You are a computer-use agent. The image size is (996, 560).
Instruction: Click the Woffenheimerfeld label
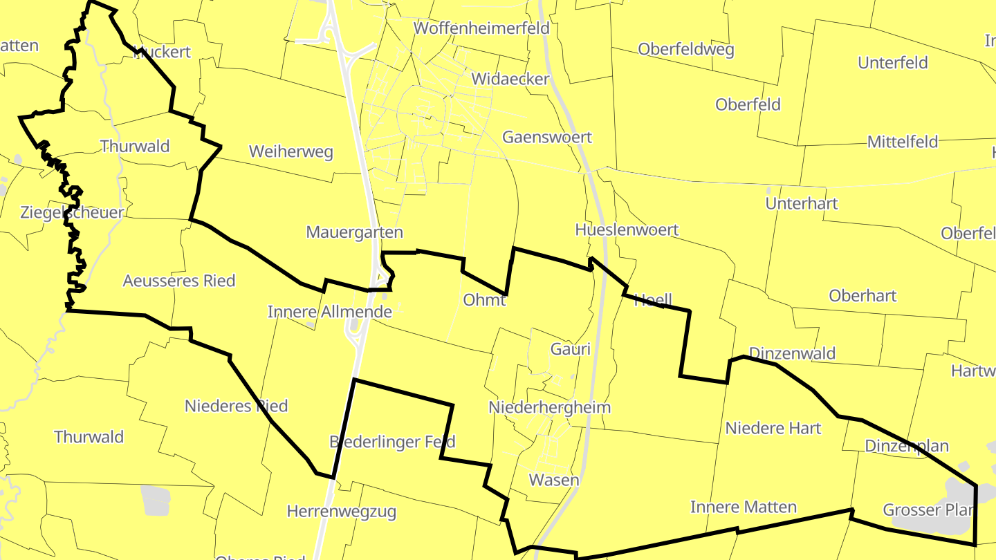tap(481, 28)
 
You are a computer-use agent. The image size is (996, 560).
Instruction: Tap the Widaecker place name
tap(510, 79)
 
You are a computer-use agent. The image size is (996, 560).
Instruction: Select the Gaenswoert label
tap(546, 137)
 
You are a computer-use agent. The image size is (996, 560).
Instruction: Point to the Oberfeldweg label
tap(685, 49)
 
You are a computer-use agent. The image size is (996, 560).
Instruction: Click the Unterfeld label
tap(892, 63)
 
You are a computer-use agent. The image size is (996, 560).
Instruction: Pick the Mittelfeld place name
tap(903, 142)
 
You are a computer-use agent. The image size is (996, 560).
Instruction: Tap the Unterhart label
tap(801, 203)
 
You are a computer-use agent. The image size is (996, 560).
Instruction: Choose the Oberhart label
tap(863, 295)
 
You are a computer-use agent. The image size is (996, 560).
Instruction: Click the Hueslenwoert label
tap(627, 230)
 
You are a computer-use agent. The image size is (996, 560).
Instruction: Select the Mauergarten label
tap(354, 232)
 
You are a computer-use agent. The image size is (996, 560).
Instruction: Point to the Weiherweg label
tap(291, 151)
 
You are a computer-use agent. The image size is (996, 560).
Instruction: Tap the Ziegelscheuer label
tap(72, 212)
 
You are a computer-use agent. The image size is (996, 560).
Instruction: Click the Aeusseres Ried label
tap(179, 281)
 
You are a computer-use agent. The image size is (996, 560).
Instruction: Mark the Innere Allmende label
tap(330, 312)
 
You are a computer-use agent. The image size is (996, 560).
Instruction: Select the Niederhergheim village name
tap(549, 407)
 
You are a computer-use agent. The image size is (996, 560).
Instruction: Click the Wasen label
tap(553, 479)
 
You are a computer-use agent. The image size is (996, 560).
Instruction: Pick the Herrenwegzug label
tap(341, 512)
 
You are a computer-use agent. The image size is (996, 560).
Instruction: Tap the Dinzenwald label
tap(792, 353)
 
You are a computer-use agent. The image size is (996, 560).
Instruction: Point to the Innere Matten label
tap(743, 507)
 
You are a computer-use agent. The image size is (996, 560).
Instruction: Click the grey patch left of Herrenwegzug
tap(155, 499)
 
